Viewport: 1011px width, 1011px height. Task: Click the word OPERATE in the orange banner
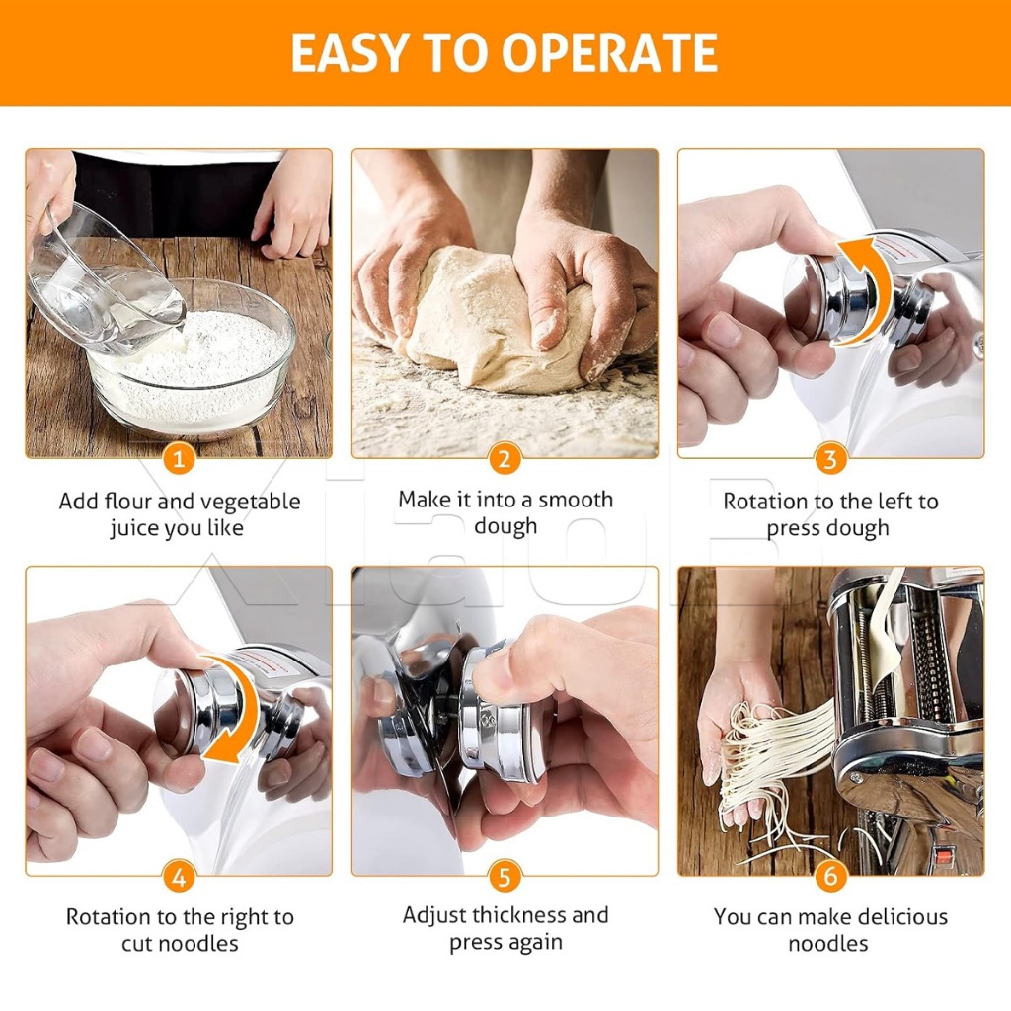point(609,52)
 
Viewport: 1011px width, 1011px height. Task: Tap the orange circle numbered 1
point(179,459)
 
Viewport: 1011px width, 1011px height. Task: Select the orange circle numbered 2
point(505,459)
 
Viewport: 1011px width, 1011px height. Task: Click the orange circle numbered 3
point(830,459)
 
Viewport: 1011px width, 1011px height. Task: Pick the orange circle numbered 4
point(179,877)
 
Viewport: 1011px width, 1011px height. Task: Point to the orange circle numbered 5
point(505,877)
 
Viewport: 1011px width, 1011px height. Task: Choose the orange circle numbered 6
point(830,877)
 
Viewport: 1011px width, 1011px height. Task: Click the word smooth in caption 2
point(576,500)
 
